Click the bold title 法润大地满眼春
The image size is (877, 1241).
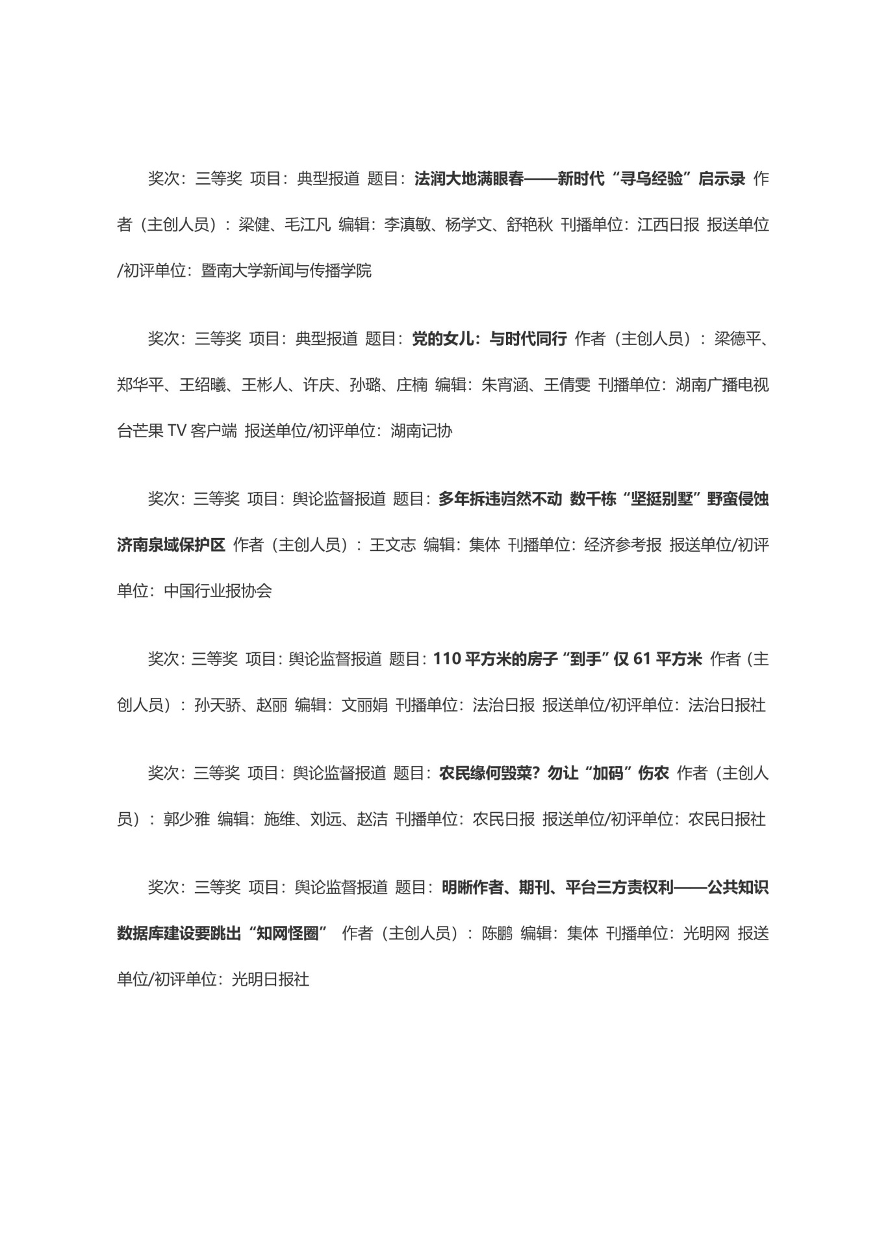coord(468,179)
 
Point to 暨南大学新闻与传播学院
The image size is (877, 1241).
coord(286,271)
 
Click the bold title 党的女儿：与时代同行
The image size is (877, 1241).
coord(489,339)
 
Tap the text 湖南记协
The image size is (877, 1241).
coord(421,431)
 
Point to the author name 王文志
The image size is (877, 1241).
coord(392,545)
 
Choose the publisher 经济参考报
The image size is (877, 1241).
coord(622,545)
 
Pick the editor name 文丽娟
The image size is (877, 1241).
coord(364,705)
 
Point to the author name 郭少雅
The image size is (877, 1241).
coord(186,819)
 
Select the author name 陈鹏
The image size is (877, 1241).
coord(497,934)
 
